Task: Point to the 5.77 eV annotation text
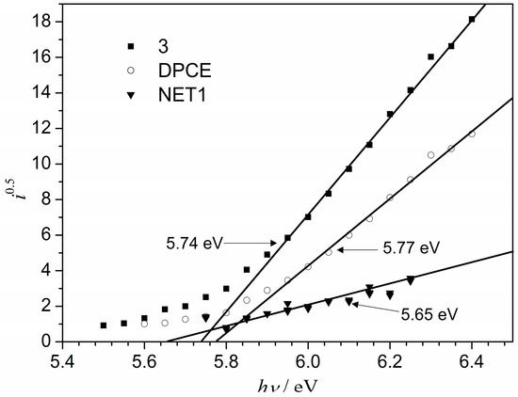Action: coord(411,249)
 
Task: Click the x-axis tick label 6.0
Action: coord(307,358)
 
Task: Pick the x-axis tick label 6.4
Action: coord(471,358)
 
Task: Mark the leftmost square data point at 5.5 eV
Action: coord(104,326)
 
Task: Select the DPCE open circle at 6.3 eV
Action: coord(430,155)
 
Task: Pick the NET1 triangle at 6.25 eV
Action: coord(411,280)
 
